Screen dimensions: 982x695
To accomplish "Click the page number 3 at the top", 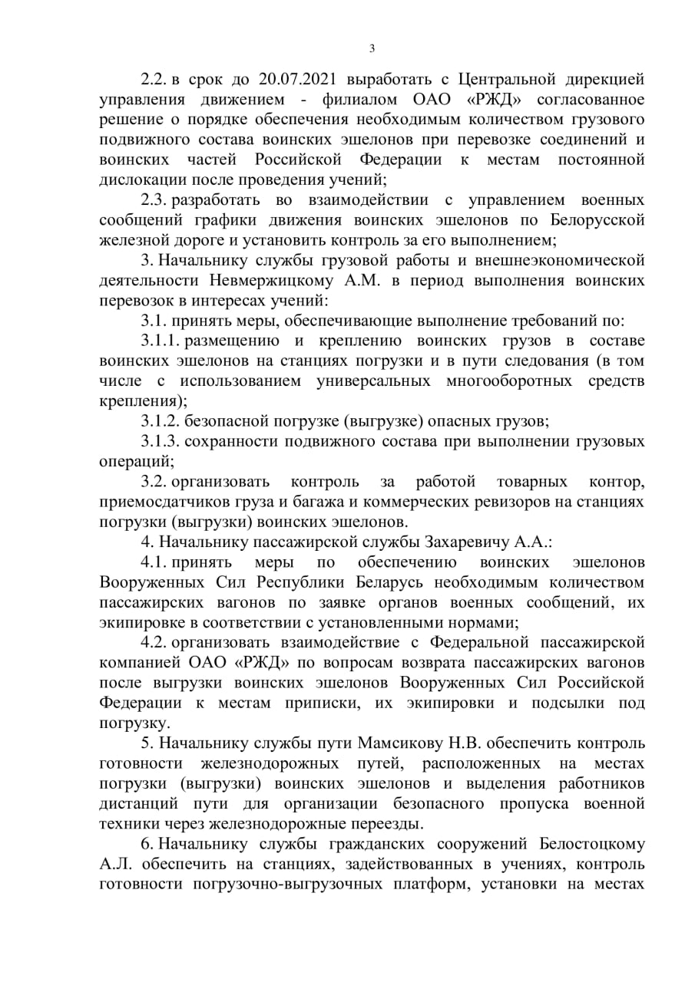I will point(372,48).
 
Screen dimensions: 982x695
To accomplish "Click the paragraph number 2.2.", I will point(154,79).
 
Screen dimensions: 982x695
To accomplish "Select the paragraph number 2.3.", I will point(154,199).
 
